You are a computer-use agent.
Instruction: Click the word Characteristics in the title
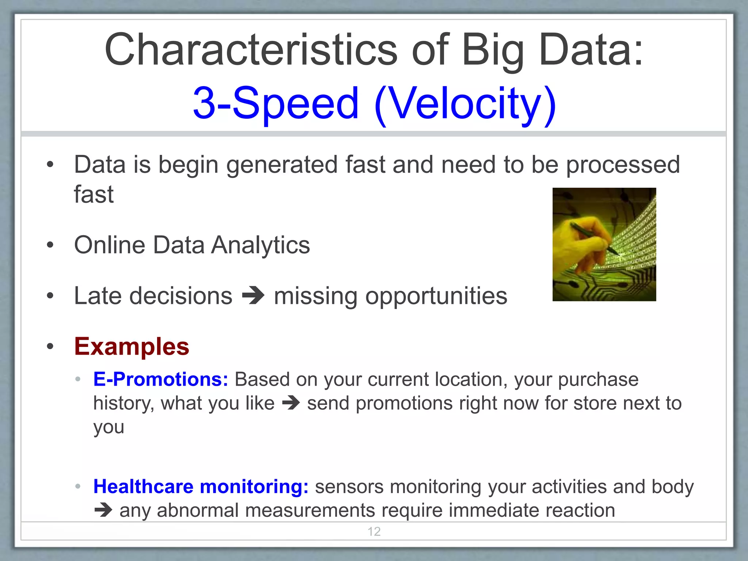click(x=251, y=50)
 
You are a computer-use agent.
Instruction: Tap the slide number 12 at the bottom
click(x=374, y=531)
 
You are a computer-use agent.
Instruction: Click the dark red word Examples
click(x=131, y=346)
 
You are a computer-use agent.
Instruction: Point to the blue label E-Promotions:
click(x=161, y=379)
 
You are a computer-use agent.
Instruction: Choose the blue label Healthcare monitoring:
click(x=201, y=486)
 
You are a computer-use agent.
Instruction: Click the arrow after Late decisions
click(x=253, y=296)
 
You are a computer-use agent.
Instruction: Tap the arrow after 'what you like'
click(x=291, y=403)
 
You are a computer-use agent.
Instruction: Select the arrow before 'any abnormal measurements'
click(x=103, y=510)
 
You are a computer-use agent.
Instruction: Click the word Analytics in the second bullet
click(x=260, y=245)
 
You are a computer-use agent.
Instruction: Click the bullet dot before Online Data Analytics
click(x=50, y=245)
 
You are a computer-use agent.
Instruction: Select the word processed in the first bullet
click(x=623, y=164)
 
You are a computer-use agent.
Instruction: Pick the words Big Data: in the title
click(x=552, y=50)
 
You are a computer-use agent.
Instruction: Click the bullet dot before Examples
click(x=50, y=346)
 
